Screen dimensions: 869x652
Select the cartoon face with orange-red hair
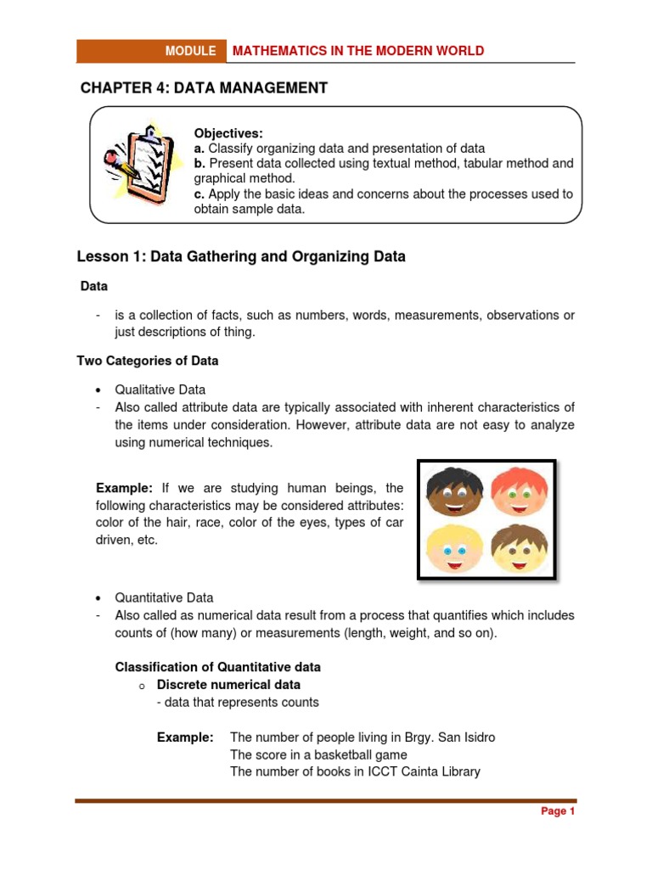point(519,491)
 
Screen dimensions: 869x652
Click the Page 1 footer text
point(558,811)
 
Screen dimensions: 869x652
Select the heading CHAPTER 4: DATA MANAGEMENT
point(204,88)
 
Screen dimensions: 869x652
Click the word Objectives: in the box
point(228,133)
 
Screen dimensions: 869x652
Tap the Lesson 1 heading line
point(241,256)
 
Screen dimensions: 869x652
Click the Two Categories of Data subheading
point(148,361)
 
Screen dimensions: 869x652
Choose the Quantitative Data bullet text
point(164,597)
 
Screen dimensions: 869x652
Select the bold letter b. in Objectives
point(200,163)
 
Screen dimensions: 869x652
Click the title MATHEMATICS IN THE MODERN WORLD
point(358,51)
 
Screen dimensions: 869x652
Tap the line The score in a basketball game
point(318,754)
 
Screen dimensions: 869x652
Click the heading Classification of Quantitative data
point(217,667)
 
